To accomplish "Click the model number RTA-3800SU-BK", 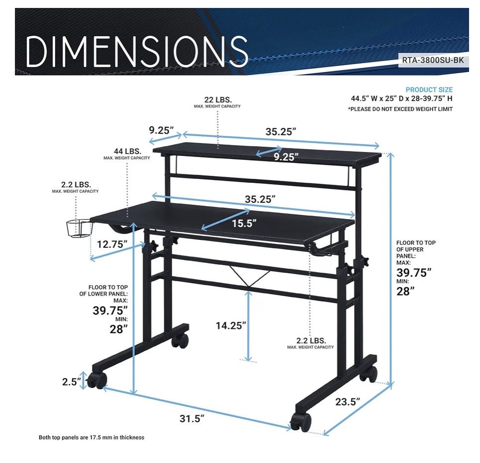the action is [433, 60].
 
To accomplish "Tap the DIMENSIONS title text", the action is [137, 51].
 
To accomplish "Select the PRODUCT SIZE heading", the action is [429, 90].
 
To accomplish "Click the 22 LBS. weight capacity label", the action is [218, 100].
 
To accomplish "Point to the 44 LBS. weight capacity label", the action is [127, 152].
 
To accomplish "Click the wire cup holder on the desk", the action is [79, 229].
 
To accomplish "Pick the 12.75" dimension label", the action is [112, 244].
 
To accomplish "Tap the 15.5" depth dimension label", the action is [244, 223].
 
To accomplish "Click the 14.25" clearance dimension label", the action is [231, 325].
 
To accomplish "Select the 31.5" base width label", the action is [192, 418].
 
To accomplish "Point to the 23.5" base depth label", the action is [348, 401].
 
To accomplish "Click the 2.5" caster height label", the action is [72, 382].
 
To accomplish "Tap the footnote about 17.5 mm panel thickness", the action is [91, 437].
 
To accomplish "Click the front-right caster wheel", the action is [301, 422].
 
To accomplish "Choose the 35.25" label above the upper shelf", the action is [281, 132].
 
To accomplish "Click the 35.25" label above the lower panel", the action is [260, 199].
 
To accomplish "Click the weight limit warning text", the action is [400, 109].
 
